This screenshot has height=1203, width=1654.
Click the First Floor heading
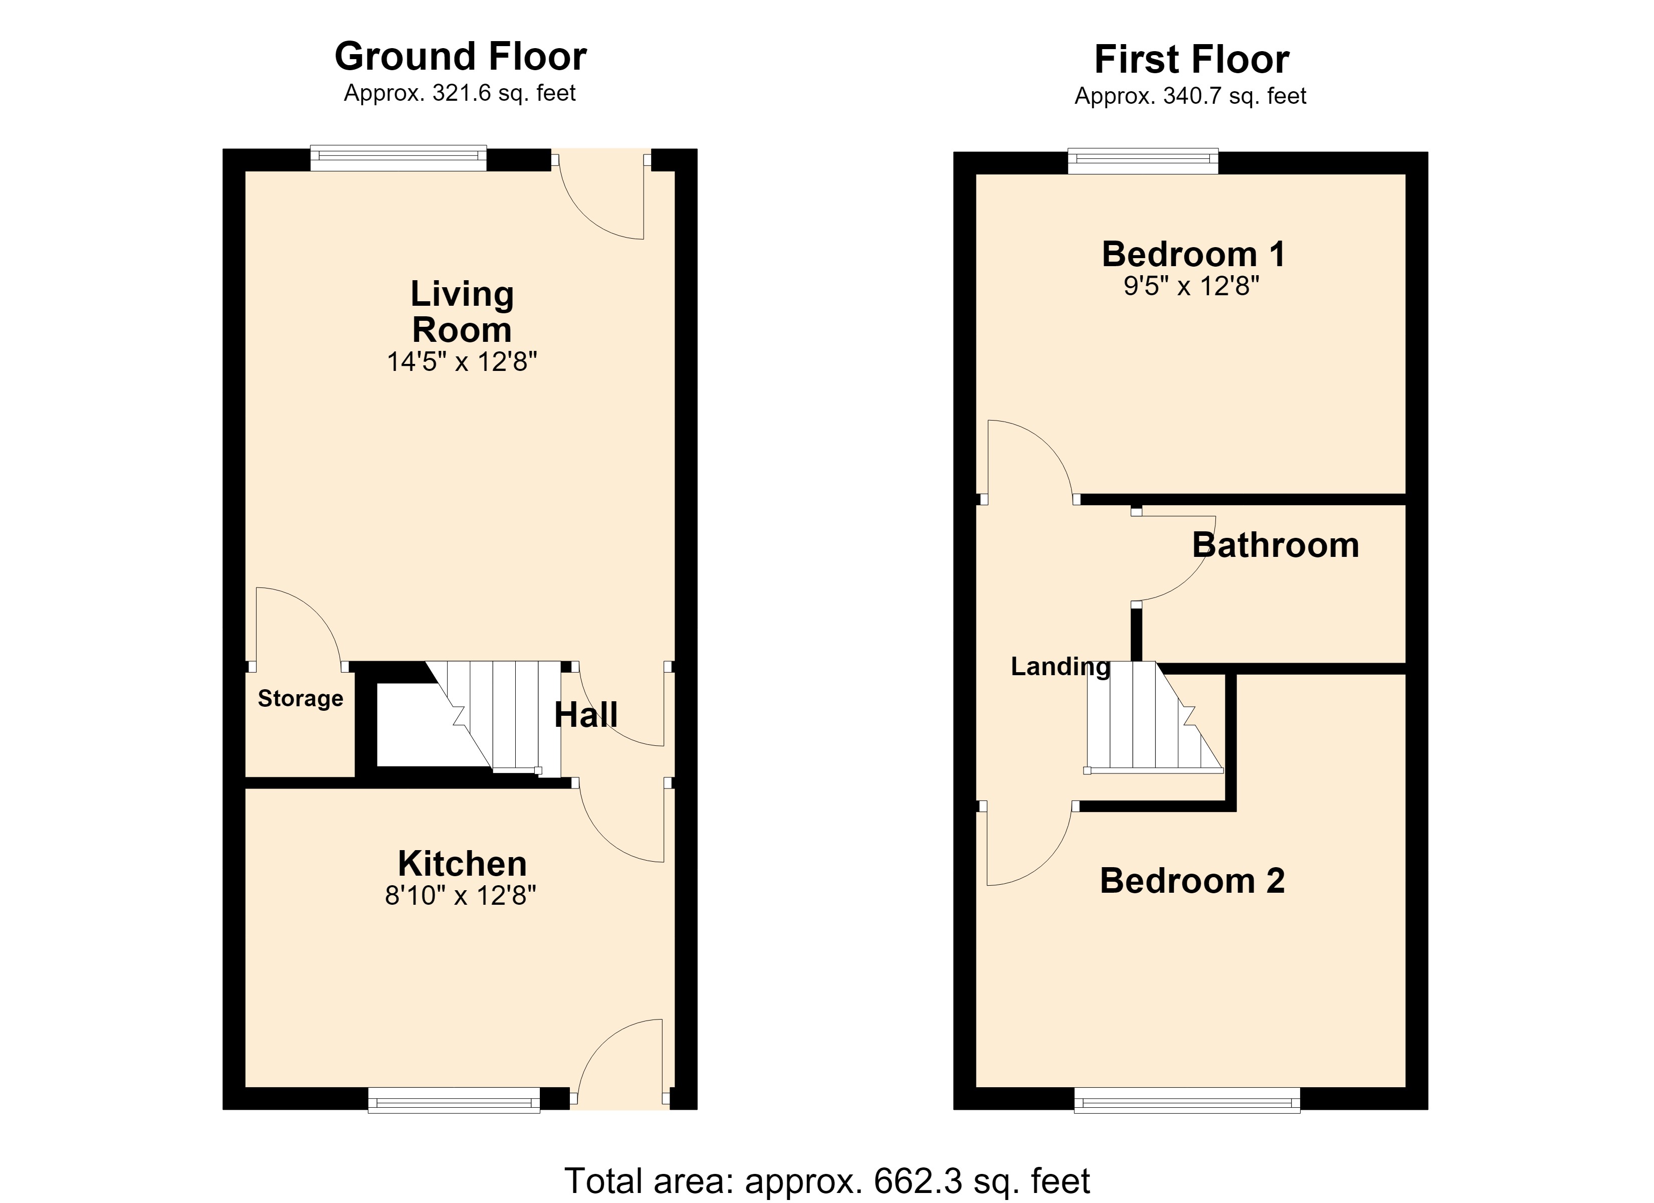pos(1192,59)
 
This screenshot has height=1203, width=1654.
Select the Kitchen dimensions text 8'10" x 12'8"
pos(461,895)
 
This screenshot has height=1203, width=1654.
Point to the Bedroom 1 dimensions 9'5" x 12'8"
pos(1192,286)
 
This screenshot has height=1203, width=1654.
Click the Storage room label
pos(300,698)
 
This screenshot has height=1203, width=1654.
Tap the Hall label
pos(585,714)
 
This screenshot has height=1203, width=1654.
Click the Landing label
pos(1061,666)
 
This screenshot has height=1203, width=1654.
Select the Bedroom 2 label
pos(1192,881)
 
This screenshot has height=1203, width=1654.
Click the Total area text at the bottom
pos(827,1180)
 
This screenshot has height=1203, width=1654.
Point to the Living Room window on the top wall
pos(398,158)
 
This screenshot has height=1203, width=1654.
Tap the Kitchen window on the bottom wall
pos(454,1100)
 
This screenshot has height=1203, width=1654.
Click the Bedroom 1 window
pos(1143,161)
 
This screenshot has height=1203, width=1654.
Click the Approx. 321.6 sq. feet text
pos(460,93)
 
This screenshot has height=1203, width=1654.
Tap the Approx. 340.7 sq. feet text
pos(1190,96)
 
